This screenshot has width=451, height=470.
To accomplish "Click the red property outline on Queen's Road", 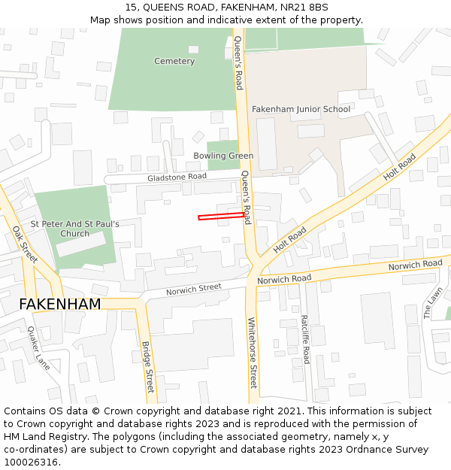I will click(221, 217).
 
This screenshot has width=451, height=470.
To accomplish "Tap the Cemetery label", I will click(174, 61).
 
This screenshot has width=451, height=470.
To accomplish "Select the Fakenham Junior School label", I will click(301, 109).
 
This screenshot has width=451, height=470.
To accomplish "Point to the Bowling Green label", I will click(223, 156).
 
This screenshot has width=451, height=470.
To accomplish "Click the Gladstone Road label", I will click(177, 176).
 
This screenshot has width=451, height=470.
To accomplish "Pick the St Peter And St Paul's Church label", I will click(74, 229).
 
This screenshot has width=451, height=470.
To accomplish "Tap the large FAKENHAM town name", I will click(59, 305).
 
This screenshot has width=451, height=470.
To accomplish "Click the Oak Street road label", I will click(25, 244).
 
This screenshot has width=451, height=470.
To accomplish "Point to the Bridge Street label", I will click(147, 367).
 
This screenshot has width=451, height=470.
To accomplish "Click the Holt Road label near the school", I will click(400, 171).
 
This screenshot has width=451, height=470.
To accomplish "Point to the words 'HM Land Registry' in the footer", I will click(41, 437).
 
